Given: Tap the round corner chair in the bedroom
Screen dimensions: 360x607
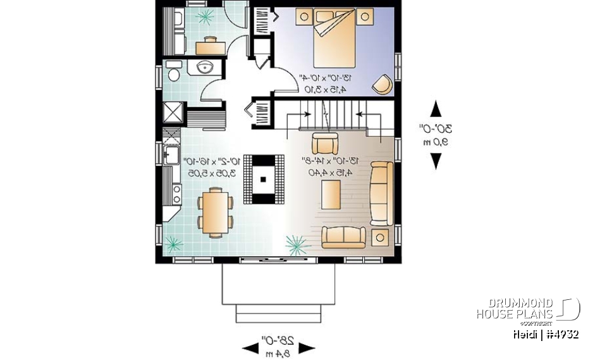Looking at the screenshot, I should click(x=381, y=84).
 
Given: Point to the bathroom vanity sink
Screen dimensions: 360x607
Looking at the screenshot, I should click(x=204, y=68).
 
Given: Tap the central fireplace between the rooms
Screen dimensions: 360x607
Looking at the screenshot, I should click(x=263, y=178).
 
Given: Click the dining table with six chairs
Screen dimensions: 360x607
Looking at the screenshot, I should click(x=215, y=211).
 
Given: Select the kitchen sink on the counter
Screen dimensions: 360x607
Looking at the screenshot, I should click(x=169, y=154).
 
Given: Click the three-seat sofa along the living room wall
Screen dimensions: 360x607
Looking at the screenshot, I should click(x=381, y=193).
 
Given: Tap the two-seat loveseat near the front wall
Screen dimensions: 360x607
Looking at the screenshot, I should click(x=345, y=237).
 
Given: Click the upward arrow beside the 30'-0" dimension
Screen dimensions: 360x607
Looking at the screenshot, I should click(x=436, y=109).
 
